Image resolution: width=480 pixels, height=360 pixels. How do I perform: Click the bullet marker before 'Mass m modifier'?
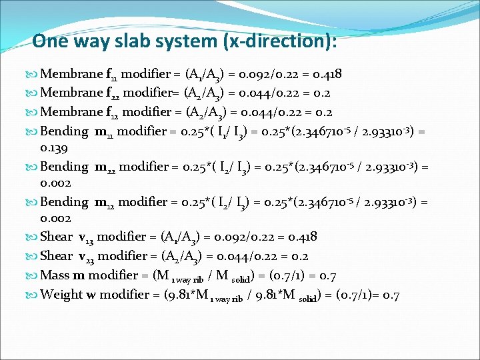(x=34, y=275)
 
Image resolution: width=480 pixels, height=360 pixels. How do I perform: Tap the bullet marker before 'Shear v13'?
(x=34, y=237)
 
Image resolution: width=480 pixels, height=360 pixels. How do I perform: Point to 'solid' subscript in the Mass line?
(x=253, y=277)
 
